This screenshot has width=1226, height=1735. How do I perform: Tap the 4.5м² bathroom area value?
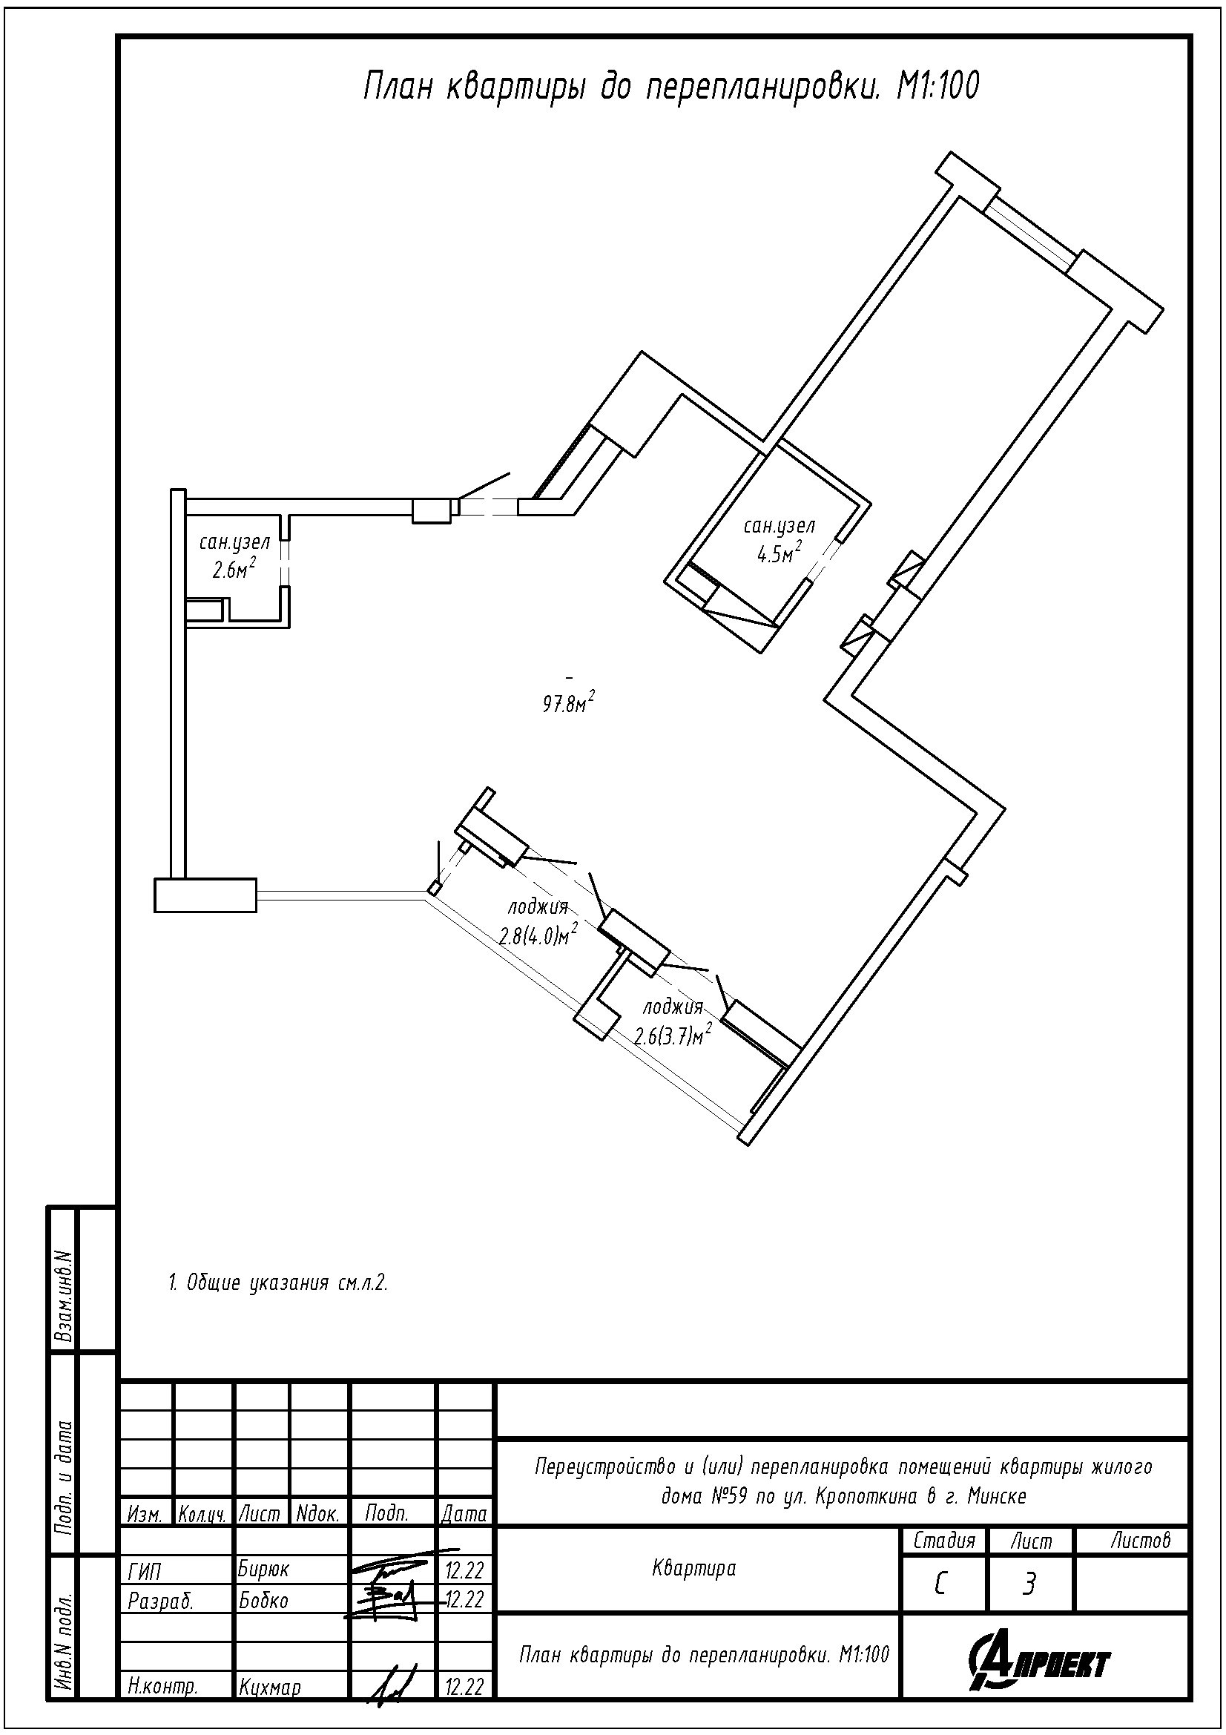point(780,554)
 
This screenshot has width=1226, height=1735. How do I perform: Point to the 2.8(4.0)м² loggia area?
point(538,935)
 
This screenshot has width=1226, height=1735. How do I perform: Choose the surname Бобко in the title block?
point(263,1601)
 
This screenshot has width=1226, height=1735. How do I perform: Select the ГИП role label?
point(145,1571)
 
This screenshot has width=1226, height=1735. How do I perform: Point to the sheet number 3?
point(1028,1584)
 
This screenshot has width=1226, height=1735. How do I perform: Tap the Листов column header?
point(1141,1540)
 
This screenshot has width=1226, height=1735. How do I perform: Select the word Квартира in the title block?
point(693,1569)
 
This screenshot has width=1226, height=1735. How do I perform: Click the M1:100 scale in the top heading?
point(937,87)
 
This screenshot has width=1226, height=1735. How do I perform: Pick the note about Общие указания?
point(278,1283)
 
